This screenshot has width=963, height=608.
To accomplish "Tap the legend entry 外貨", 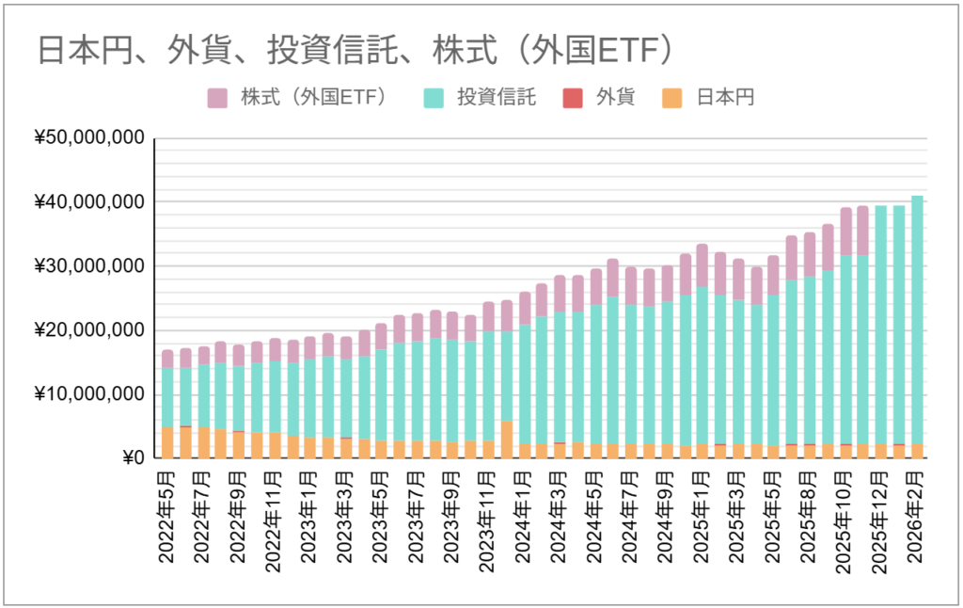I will coord(616,97).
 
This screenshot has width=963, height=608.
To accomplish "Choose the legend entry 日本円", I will coord(725,97).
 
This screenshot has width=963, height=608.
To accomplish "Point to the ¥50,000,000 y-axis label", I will coord(89,138).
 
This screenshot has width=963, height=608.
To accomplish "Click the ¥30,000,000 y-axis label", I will coord(89,266).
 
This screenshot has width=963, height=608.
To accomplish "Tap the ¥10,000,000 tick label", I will coord(89,394).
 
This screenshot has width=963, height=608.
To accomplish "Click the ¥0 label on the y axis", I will coord(130,458).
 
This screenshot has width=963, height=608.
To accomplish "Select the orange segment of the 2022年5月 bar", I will coord(167,442).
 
